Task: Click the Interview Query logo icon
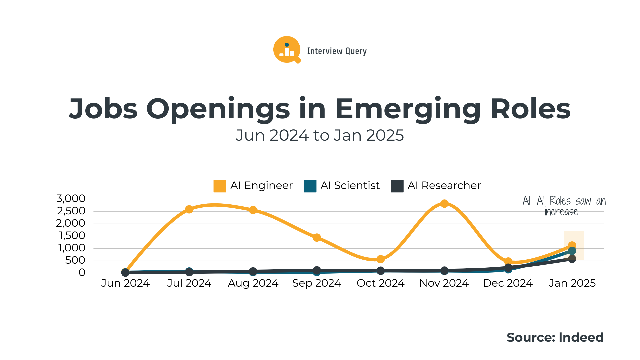click(287, 50)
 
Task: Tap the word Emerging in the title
click(407, 109)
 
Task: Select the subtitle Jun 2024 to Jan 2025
click(320, 135)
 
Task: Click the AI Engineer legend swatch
click(220, 186)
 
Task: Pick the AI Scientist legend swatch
click(310, 186)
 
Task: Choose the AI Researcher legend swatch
click(397, 186)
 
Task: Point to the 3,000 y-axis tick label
click(71, 199)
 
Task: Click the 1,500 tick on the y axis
click(72, 236)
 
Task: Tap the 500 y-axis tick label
click(75, 260)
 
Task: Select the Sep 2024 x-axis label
click(317, 283)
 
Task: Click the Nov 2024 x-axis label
click(444, 283)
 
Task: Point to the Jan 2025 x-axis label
click(572, 283)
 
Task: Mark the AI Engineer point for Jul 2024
click(189, 209)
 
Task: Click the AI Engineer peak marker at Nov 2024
click(444, 204)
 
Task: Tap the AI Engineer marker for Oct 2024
click(381, 259)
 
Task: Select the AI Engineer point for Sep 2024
click(317, 237)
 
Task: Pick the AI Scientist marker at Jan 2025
click(572, 251)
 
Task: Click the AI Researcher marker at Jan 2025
click(572, 259)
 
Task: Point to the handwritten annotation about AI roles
click(564, 206)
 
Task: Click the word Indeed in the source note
click(581, 337)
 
